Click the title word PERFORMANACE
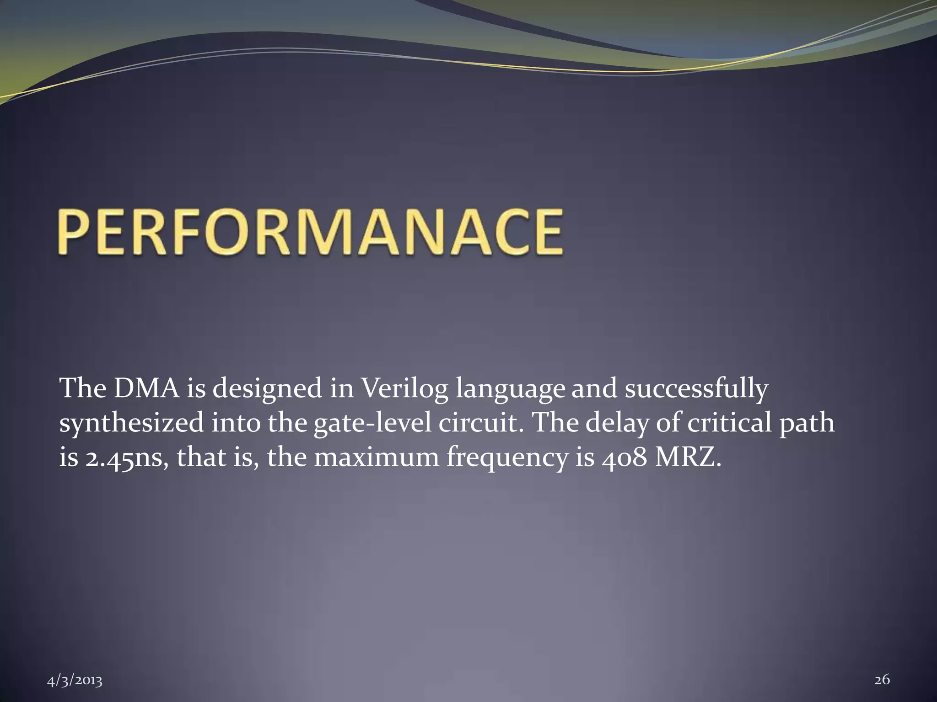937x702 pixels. [x=310, y=232]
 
